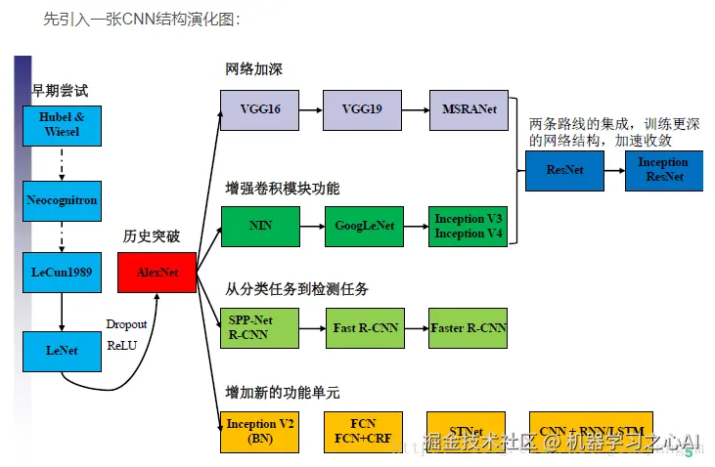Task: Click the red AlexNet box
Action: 156,273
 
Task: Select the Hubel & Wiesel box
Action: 62,124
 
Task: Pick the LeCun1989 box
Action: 62,273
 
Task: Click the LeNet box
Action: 62,350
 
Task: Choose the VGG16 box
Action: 259,109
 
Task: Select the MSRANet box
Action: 469,109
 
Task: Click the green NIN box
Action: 259,226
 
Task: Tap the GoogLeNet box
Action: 364,226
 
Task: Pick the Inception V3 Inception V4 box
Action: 469,226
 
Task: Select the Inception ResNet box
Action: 662,170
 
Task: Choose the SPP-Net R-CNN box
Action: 259,327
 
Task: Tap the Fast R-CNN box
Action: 364,327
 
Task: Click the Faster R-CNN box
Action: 469,327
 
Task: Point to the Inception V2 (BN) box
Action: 259,431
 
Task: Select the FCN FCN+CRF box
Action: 364,431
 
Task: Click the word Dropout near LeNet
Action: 126,324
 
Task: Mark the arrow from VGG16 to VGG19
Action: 311,109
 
